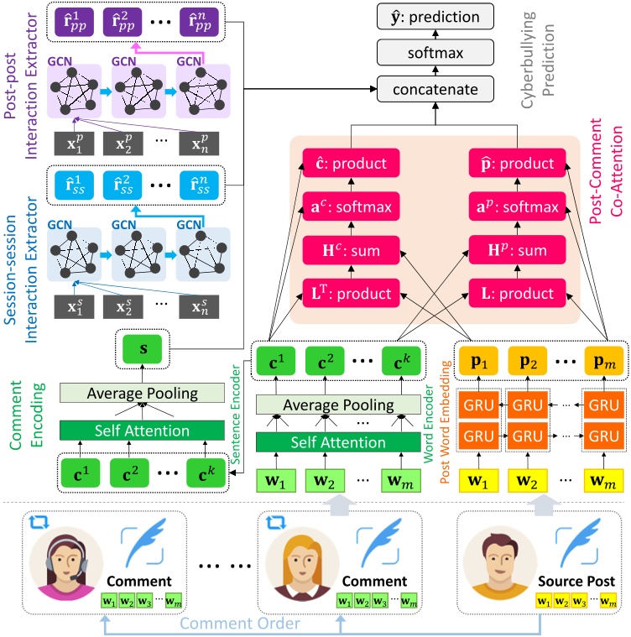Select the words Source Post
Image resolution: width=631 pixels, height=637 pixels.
point(576,581)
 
